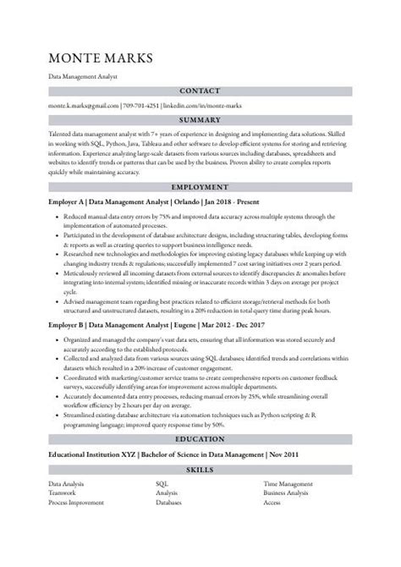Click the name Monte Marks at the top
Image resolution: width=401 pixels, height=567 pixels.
[x=102, y=58]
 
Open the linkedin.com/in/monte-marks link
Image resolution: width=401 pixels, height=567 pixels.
[x=200, y=105]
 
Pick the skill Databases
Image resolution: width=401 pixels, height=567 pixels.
[x=170, y=502]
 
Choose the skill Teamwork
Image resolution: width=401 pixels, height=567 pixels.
[x=63, y=493]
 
